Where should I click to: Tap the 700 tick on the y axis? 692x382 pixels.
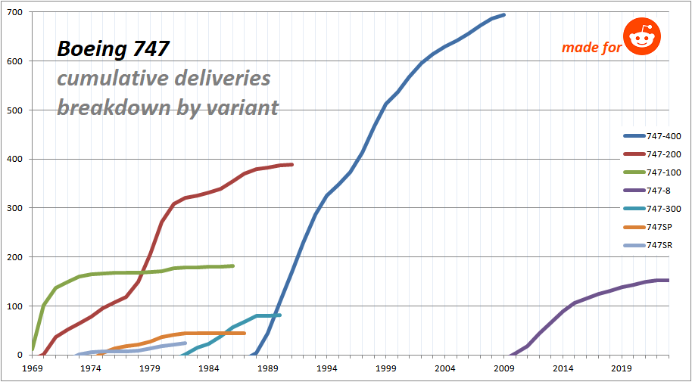coord(15,13)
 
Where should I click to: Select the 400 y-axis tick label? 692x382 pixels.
coord(15,160)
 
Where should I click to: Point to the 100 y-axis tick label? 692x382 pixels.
coord(15,306)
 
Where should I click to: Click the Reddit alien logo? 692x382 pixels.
coord(642,37)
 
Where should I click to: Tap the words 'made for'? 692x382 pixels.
coord(591,48)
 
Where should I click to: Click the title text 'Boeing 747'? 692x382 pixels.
coord(114,49)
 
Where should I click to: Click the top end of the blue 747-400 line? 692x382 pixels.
coord(503,14)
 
